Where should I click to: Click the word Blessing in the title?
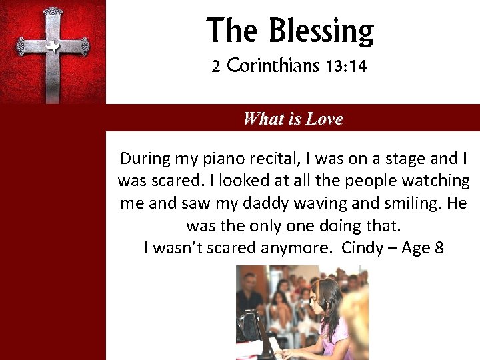pyautogui.click(x=321, y=31)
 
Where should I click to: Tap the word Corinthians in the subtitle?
pyautogui.click(x=270, y=67)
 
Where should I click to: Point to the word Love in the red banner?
pyautogui.click(x=325, y=119)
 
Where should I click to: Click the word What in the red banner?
pyautogui.click(x=263, y=119)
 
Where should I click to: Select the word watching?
pyautogui.click(x=437, y=181)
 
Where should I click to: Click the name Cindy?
pyautogui.click(x=362, y=248)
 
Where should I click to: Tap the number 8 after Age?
pyautogui.click(x=438, y=248)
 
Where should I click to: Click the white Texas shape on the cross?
pyautogui.click(x=52, y=47)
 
